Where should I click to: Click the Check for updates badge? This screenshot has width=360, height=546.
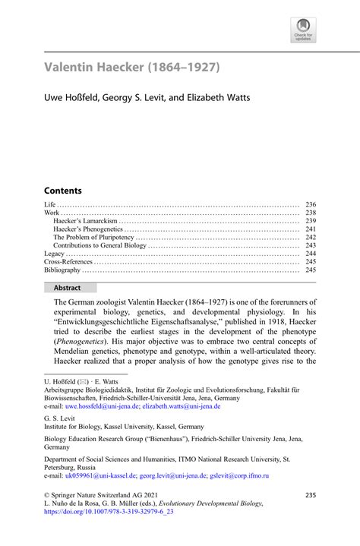pyautogui.click(x=303, y=30)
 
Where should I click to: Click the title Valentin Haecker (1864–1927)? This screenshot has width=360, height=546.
pyautogui.click(x=132, y=68)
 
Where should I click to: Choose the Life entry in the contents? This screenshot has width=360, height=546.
pyautogui.click(x=50, y=204)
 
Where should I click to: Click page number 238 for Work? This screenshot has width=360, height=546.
pyautogui.click(x=310, y=213)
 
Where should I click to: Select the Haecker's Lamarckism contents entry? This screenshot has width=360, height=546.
pyautogui.click(x=84, y=222)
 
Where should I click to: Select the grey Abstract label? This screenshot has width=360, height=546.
pyautogui.click(x=71, y=288)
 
